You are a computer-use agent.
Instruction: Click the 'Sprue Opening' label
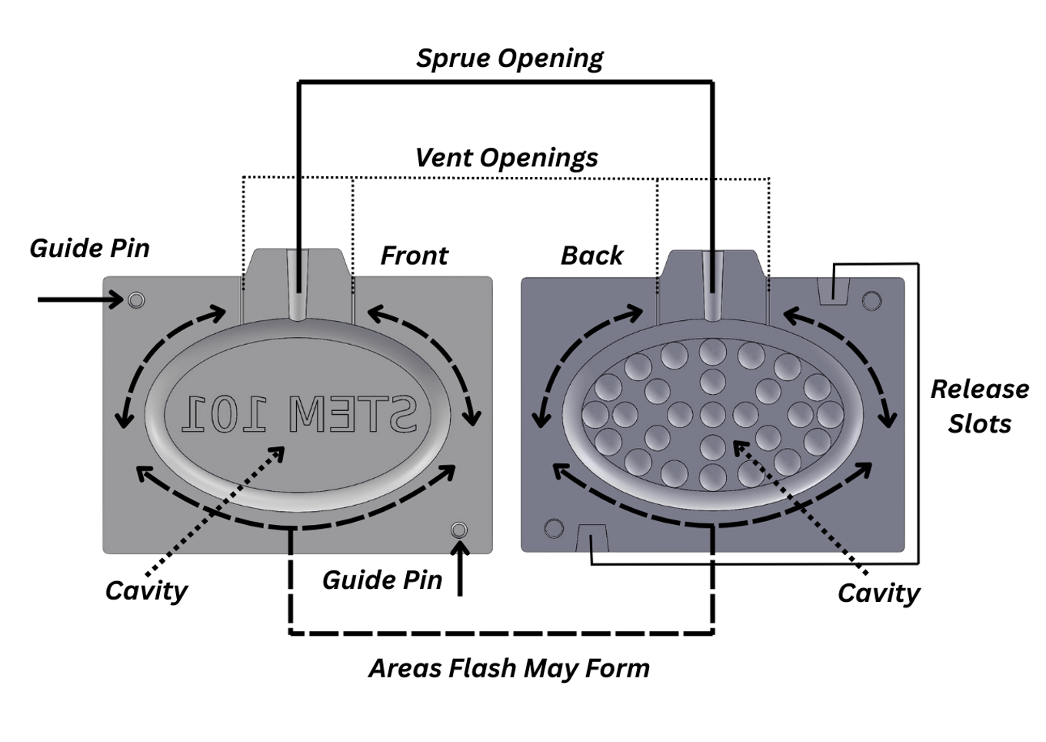tap(509, 58)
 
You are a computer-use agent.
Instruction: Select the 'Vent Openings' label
tap(506, 158)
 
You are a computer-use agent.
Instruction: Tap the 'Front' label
tap(414, 256)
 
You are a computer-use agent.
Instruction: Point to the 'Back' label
tap(591, 256)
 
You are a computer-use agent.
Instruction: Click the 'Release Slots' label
tap(979, 406)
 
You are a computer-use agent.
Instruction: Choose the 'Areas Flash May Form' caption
tap(509, 668)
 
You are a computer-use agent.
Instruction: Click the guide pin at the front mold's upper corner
tap(136, 299)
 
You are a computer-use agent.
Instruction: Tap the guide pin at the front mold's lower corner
tap(459, 530)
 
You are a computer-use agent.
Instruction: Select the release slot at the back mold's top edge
tap(833, 291)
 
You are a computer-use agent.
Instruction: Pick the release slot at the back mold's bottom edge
tap(591, 538)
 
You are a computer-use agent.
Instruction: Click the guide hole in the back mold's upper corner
tap(871, 300)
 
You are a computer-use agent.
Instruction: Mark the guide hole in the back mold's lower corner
tap(554, 529)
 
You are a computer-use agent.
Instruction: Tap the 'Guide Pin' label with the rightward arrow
tap(89, 249)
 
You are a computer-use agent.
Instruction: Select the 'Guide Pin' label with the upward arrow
tap(382, 580)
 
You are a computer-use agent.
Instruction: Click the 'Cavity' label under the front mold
tap(146, 590)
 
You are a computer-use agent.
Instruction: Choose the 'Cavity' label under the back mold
tap(878, 593)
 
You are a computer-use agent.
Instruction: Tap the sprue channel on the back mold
tap(713, 285)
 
